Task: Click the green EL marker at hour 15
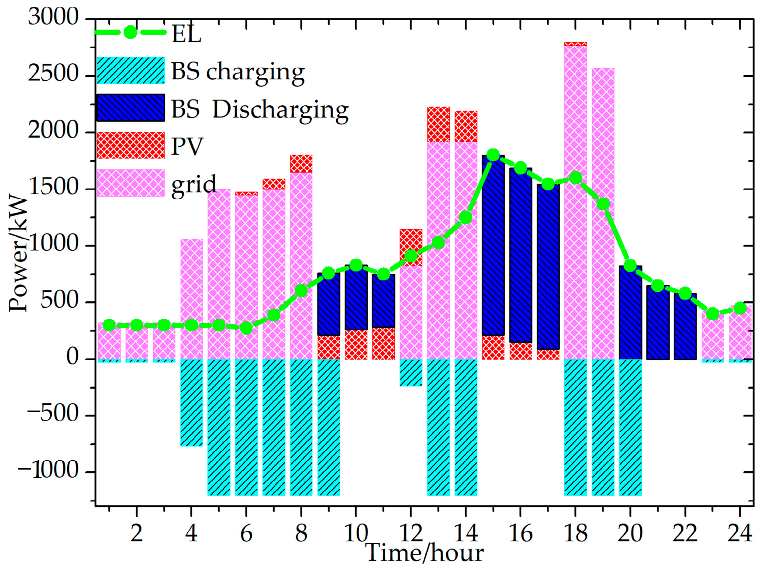493,155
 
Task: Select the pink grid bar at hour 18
575,262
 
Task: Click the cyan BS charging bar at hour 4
191,402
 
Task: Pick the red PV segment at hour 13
438,124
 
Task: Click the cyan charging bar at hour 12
411,373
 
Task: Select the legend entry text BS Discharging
259,109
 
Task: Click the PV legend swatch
130,145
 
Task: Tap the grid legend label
193,184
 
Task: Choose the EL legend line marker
130,32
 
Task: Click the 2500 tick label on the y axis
53,74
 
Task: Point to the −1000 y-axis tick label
48,471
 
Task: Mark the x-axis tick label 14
466,534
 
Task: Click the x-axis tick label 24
739,534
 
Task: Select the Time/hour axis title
424,553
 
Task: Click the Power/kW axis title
18,253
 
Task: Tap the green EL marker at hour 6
246,328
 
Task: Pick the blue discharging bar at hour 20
630,312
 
